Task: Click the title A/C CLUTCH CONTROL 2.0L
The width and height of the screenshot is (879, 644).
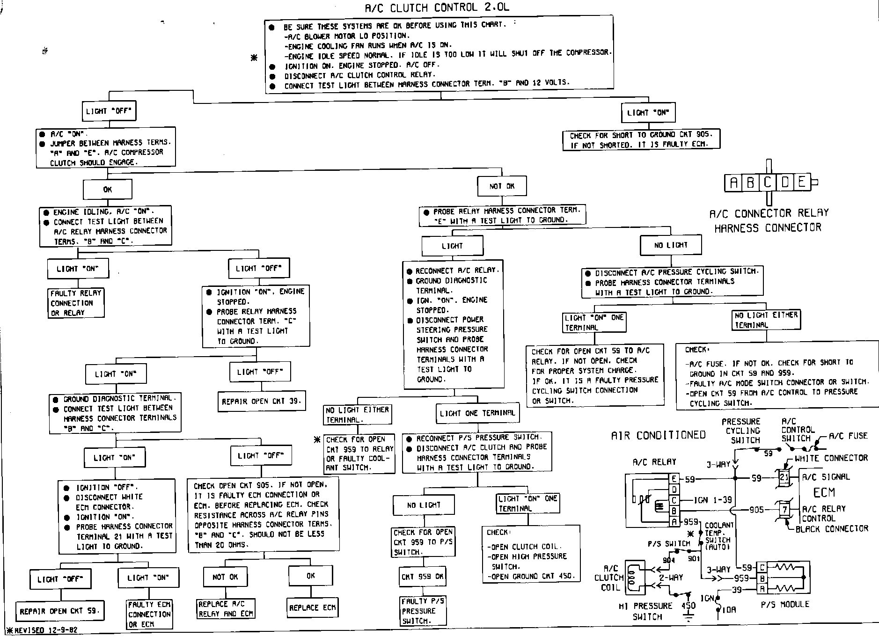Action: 437,7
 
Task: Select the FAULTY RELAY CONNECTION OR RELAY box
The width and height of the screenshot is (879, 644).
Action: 76,303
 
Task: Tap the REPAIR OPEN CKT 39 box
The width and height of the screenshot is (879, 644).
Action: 262,401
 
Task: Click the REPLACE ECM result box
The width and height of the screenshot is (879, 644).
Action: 312,607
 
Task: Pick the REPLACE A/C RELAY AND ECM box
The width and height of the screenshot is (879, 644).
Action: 226,609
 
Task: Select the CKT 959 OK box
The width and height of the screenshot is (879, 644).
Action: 422,577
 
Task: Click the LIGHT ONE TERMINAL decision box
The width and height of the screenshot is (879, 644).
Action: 477,413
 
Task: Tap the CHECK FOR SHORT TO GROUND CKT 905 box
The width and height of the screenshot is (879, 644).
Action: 641,140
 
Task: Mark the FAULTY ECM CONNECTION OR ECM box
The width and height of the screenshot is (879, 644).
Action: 149,614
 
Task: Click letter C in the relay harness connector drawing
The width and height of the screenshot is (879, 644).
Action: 768,182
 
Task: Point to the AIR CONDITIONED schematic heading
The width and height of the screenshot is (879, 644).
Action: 658,435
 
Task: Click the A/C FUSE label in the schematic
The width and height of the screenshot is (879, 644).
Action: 848,436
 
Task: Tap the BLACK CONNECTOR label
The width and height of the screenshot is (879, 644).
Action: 832,528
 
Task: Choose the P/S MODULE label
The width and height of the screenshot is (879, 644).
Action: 785,604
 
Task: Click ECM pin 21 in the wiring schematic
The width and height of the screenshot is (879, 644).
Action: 784,477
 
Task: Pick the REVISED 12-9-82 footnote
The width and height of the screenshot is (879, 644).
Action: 42,630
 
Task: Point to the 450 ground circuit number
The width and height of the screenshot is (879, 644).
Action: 688,606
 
